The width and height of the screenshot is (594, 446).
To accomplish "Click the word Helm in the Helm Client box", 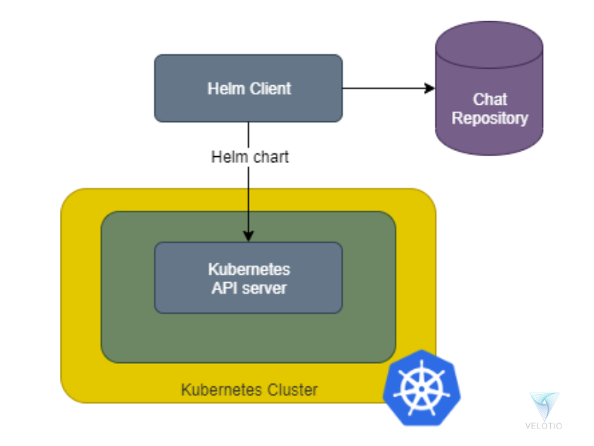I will click(x=224, y=88).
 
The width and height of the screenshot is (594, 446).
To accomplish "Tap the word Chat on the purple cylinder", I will click(x=490, y=99).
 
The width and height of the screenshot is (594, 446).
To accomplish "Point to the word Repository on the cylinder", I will click(x=490, y=118).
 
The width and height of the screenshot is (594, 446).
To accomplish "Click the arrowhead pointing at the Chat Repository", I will click(x=430, y=88).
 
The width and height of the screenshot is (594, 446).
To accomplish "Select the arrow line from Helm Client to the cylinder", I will click(x=385, y=88).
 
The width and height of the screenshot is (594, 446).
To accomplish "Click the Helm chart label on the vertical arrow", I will click(x=250, y=157).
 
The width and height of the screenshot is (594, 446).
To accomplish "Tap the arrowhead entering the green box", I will click(x=248, y=235).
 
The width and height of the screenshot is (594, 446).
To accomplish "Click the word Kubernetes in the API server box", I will click(x=248, y=269).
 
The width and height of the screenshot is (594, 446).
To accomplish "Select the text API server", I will click(x=248, y=288).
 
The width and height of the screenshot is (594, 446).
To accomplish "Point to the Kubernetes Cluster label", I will click(x=249, y=390).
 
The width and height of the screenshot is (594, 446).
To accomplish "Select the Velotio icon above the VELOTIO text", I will click(x=543, y=406).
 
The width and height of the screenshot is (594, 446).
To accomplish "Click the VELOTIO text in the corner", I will click(x=543, y=426).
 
